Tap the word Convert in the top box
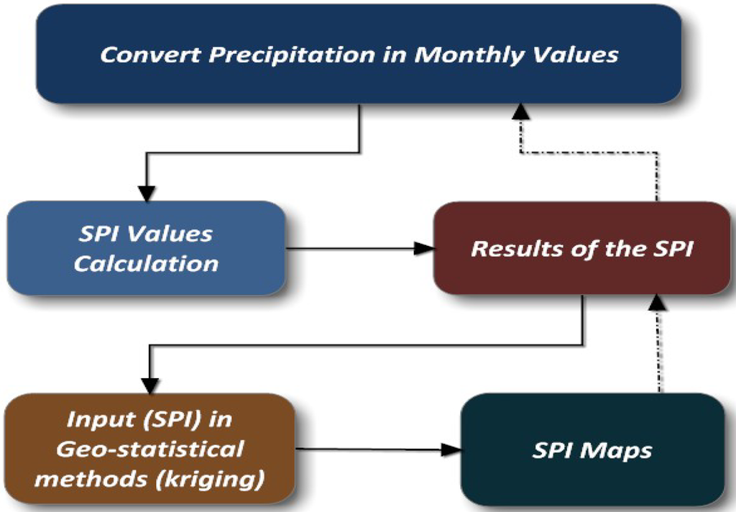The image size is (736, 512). click(x=146, y=55)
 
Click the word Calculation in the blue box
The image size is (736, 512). click(x=146, y=263)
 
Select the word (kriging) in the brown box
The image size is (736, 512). click(x=222, y=479)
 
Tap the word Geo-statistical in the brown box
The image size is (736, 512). click(x=149, y=449)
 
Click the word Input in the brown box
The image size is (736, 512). click(x=96, y=420)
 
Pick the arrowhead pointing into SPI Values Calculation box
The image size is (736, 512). click(x=146, y=192)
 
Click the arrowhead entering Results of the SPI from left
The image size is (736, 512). click(x=427, y=250)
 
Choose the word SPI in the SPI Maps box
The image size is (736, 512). click(x=554, y=451)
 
